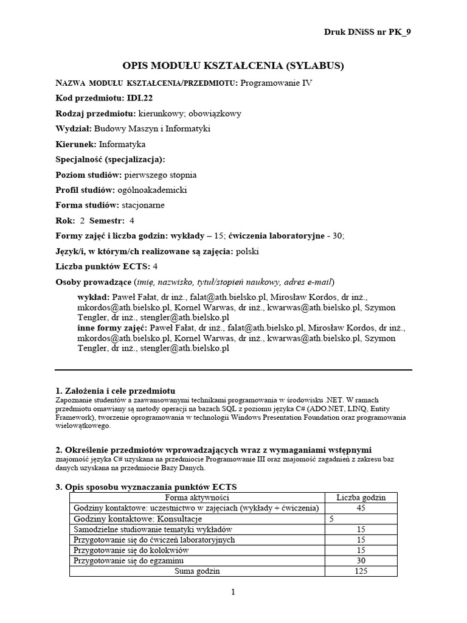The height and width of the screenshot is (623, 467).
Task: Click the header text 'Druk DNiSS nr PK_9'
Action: pyautogui.click(x=371, y=33)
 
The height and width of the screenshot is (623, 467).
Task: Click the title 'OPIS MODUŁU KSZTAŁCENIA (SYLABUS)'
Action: pyautogui.click(x=233, y=66)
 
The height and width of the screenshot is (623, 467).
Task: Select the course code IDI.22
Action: pyautogui.click(x=140, y=97)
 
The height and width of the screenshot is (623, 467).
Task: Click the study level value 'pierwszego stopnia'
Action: pyautogui.click(x=160, y=175)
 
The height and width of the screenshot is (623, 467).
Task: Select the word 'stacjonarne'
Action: pyautogui.click(x=142, y=205)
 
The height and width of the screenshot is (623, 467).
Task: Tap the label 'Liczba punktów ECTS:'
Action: pyautogui.click(x=102, y=266)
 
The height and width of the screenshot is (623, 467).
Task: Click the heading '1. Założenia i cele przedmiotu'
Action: pyautogui.click(x=115, y=389)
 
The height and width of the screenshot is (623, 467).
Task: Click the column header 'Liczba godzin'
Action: pyautogui.click(x=361, y=498)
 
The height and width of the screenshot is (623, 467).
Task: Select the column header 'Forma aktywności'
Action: pyautogui.click(x=197, y=498)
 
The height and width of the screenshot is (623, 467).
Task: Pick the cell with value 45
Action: pyautogui.click(x=361, y=508)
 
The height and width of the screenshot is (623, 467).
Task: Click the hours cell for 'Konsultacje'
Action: pyautogui.click(x=332, y=519)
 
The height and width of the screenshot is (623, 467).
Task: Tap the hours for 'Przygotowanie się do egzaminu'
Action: pyautogui.click(x=361, y=560)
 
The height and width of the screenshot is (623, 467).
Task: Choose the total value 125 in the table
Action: pyautogui.click(x=361, y=571)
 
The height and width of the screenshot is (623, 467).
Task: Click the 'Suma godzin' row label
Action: pyautogui.click(x=197, y=571)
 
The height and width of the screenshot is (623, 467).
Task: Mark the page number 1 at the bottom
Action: pyautogui.click(x=233, y=593)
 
